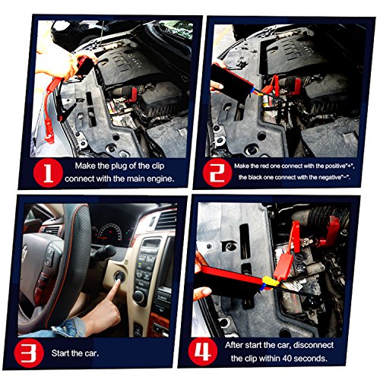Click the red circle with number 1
pyautogui.click(x=48, y=173)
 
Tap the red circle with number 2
pyautogui.click(x=217, y=173)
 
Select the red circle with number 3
pyautogui.click(x=29, y=353)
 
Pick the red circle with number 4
pyautogui.click(x=203, y=352)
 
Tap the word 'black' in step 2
pyautogui.click(x=255, y=177)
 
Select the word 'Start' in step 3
pyautogui.click(x=59, y=353)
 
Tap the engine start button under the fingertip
pyautogui.click(x=119, y=277)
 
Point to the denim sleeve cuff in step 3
pyautogui.click(x=70, y=327)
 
